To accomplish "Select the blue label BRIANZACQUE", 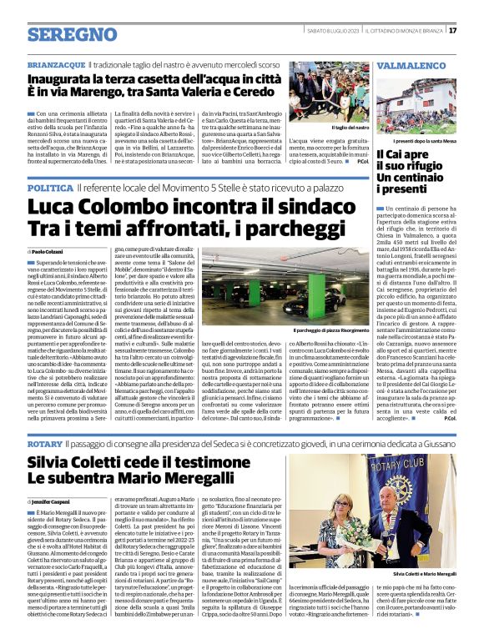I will [56, 63].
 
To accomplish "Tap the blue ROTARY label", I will [43, 423].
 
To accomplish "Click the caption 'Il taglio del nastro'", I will [326, 127].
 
